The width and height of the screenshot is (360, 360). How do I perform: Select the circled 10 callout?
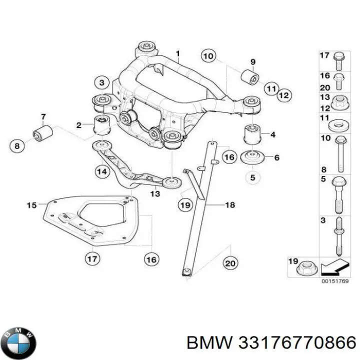click(x=208, y=55)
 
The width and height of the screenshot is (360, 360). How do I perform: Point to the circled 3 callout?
click(x=101, y=82)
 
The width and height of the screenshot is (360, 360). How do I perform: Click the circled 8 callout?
click(x=17, y=146)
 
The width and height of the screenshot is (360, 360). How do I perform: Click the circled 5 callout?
click(x=252, y=177)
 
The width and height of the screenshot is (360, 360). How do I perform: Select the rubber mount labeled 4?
click(x=252, y=135)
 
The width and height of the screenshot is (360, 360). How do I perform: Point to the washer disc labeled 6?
click(x=252, y=157)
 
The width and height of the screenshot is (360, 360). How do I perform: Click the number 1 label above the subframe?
click(x=176, y=53)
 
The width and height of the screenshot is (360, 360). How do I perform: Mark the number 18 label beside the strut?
click(x=229, y=205)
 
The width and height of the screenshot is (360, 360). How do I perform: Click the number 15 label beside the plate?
click(x=31, y=205)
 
